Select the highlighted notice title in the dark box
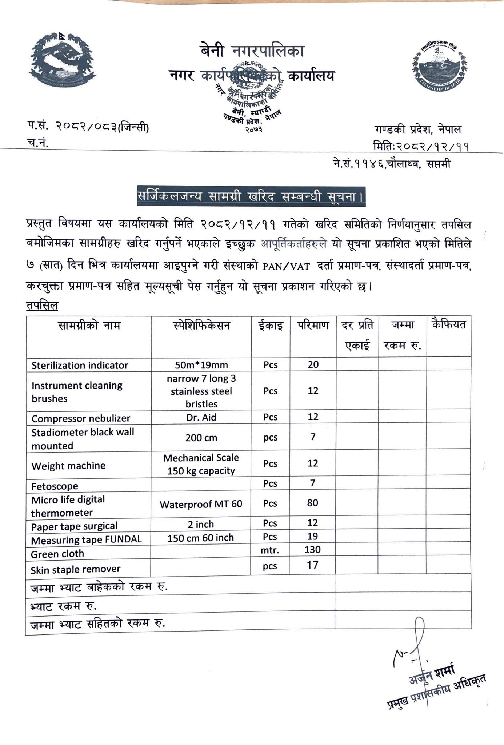pos(251,197)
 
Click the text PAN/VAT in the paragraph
pos(286,267)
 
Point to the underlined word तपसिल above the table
pos(42,305)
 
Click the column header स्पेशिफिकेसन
pos(201,325)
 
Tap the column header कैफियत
pos(448,324)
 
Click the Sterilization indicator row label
pos(80,365)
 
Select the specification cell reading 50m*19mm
pos(201,365)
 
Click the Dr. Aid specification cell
pos(201,417)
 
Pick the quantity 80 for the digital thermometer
pos(313,503)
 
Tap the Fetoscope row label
pos(55,486)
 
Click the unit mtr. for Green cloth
pos(270,550)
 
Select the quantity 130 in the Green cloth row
pos(313,550)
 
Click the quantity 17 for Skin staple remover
pos(313,565)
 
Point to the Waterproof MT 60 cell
pos(201,505)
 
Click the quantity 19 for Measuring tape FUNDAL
pos(313,536)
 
